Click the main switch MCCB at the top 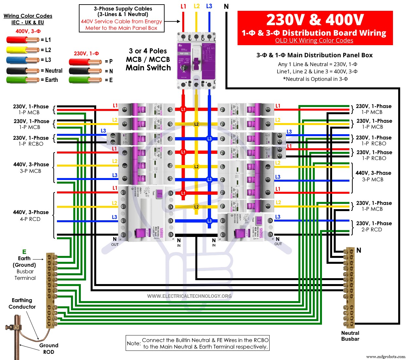[x=196, y=61]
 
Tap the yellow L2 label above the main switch [x=197, y=6]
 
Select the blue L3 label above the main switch [x=209, y=6]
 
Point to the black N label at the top [x=226, y=7]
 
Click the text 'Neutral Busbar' [x=350, y=336]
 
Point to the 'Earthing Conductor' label [x=22, y=303]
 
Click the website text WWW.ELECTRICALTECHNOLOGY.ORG [x=189, y=296]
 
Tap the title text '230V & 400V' [x=315, y=20]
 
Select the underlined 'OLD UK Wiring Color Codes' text [x=314, y=41]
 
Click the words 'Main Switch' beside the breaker [x=148, y=68]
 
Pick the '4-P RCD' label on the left [x=30, y=219]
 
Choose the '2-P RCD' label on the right [x=372, y=230]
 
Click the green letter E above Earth [x=24, y=252]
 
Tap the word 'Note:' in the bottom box [x=134, y=343]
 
